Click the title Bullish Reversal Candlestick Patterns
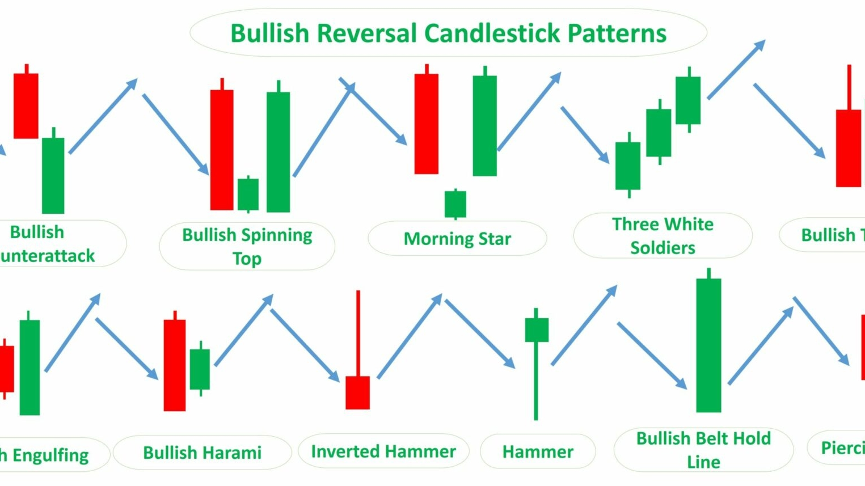(x=448, y=33)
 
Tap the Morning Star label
(x=457, y=239)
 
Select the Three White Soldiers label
(x=663, y=235)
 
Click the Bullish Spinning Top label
(x=247, y=246)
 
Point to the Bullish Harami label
(x=202, y=453)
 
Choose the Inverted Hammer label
(x=383, y=451)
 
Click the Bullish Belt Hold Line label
(x=703, y=450)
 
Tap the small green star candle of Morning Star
(x=455, y=204)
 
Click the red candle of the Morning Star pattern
(x=426, y=123)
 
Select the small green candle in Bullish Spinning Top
(x=248, y=195)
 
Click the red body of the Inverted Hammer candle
(x=357, y=392)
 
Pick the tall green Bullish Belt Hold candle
(x=708, y=345)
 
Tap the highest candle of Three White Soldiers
(x=688, y=100)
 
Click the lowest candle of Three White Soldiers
(x=628, y=166)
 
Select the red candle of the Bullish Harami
(x=175, y=365)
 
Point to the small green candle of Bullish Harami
(x=200, y=369)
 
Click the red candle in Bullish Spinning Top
(x=222, y=150)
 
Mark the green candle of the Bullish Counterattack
(x=53, y=175)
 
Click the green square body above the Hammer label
(x=536, y=330)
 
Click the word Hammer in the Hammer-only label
(x=538, y=452)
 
